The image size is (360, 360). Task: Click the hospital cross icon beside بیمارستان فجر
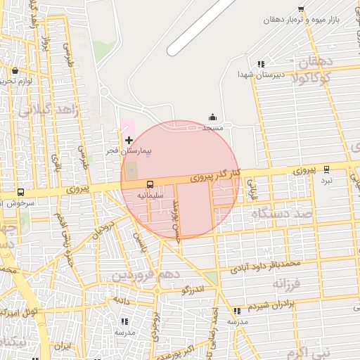pyautogui.click(x=129, y=141)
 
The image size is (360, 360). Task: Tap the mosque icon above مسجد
pyautogui.click(x=213, y=117)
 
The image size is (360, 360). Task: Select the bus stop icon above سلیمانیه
pyautogui.click(x=150, y=185)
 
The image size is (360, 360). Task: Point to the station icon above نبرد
pyautogui.click(x=326, y=169)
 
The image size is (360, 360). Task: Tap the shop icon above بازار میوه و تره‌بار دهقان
pyautogui.click(x=301, y=9)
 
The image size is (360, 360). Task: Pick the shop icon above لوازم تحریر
pyautogui.click(x=15, y=70)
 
